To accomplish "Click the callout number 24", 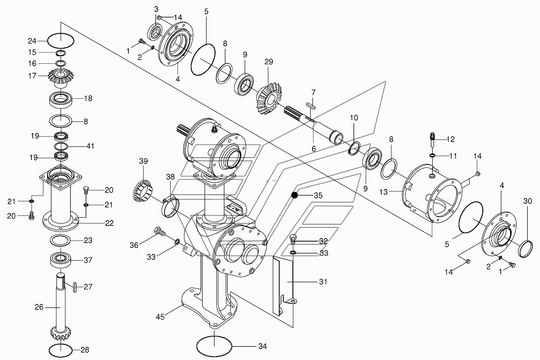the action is [32, 41].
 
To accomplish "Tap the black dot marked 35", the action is [295, 195].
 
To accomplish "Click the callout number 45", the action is [160, 317].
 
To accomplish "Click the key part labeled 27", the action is [74, 287].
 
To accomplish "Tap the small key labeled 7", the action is [311, 106].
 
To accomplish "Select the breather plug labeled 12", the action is [433, 141].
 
